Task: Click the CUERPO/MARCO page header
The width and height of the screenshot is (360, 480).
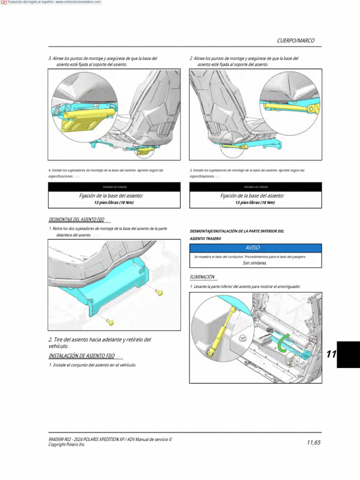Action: pyautogui.click(x=295, y=41)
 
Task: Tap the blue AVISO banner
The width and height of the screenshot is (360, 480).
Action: pyautogui.click(x=255, y=248)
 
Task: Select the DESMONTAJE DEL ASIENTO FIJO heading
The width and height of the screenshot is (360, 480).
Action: pyautogui.click(x=77, y=219)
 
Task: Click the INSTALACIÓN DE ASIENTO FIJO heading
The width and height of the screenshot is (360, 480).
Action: pyautogui.click(x=81, y=356)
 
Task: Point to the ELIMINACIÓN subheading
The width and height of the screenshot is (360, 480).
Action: pyautogui.click(x=202, y=277)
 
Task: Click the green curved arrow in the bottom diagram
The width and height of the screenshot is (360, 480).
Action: pyautogui.click(x=281, y=346)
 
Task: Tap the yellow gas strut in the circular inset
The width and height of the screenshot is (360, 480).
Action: pyautogui.click(x=220, y=330)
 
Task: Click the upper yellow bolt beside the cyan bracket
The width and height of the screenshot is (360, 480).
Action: pyautogui.click(x=159, y=292)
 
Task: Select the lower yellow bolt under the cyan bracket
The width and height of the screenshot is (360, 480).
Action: pyautogui.click(x=110, y=322)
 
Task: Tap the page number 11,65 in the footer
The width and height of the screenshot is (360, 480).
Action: pyautogui.click(x=314, y=442)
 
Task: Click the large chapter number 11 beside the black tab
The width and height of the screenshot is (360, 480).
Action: pyautogui.click(x=331, y=354)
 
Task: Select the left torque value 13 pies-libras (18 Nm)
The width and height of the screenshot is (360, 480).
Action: pyautogui.click(x=114, y=202)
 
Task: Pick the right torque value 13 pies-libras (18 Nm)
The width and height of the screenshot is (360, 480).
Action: pyautogui.click(x=255, y=202)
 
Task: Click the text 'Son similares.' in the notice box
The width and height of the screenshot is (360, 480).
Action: pyautogui.click(x=255, y=263)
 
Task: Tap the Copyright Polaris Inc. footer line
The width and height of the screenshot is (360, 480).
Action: pyautogui.click(x=67, y=444)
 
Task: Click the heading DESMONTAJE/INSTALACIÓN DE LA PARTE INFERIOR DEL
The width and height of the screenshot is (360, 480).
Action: pyautogui.click(x=237, y=231)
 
